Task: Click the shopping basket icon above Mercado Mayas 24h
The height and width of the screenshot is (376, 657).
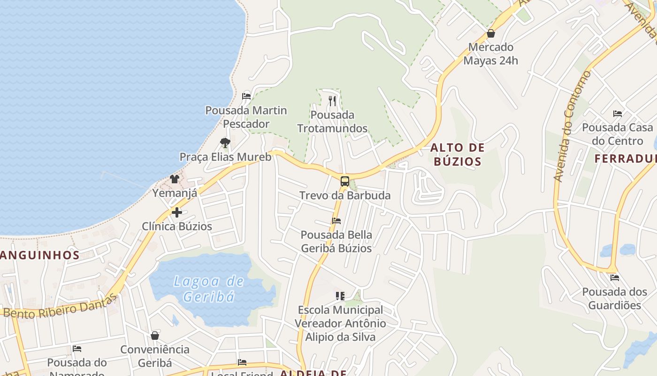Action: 491,33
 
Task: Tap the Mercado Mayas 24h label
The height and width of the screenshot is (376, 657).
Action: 491,54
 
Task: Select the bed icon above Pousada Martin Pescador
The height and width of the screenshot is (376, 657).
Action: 246,96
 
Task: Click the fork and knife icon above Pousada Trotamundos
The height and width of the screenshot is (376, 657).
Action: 332,101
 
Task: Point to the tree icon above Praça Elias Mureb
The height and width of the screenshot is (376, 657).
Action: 225,142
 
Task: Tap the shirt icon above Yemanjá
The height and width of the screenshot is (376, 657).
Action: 175,179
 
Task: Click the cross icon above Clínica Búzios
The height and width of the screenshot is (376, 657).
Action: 177,212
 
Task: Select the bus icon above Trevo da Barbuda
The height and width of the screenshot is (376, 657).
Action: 345,181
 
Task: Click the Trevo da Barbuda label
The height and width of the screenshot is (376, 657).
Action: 345,196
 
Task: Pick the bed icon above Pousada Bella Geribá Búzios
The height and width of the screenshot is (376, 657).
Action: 336,220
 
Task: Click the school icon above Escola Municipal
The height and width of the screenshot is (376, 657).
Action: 340,296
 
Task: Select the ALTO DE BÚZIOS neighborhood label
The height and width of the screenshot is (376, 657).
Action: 457,155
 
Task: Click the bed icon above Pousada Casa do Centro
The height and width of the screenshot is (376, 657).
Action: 618,114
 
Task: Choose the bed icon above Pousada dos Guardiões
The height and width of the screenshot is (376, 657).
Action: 614,278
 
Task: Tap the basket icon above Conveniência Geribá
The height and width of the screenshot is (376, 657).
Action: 155,336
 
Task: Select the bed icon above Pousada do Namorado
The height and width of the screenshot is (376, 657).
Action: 77,349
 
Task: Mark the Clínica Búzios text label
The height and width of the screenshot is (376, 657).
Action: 177,226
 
